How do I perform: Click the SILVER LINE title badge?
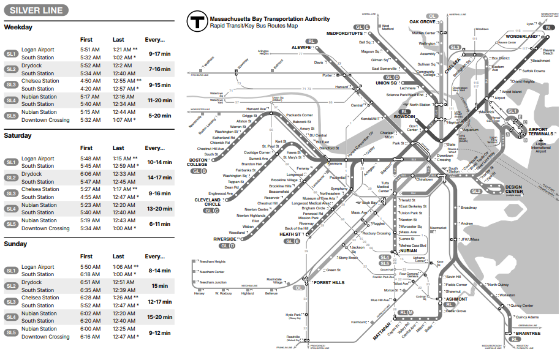click(35, 10)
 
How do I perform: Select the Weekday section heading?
click(18, 28)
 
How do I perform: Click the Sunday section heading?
click(16, 244)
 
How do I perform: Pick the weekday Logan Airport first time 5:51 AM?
click(89, 50)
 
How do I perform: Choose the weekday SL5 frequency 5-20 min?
click(159, 116)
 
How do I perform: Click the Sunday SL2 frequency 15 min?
click(159, 286)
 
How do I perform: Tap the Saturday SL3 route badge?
click(11, 193)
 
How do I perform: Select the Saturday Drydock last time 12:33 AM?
click(123, 174)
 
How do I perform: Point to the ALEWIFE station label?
click(301, 47)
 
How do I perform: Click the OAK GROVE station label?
click(423, 22)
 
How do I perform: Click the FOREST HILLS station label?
click(329, 283)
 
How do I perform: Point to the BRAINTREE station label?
click(528, 334)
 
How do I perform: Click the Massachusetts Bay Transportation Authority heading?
click(270, 20)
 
